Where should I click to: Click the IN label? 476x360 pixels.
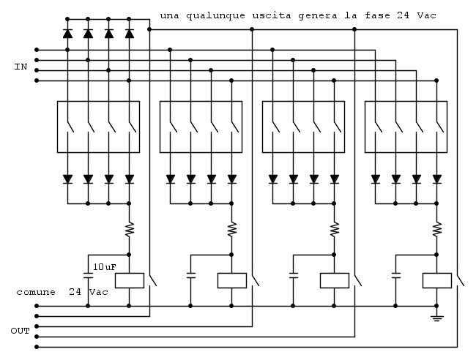(x=21, y=67)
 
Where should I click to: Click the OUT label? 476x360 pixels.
(x=21, y=331)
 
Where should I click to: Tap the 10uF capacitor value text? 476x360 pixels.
(x=105, y=266)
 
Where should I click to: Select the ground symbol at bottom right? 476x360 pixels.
(x=437, y=317)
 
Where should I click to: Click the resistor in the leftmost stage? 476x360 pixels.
(x=130, y=229)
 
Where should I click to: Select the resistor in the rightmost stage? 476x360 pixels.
(x=437, y=229)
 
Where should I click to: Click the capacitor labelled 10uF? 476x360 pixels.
(x=89, y=276)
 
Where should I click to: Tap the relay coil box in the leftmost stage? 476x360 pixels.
(x=130, y=280)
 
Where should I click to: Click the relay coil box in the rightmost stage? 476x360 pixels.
(x=437, y=280)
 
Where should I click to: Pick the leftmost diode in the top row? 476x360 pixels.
(x=67, y=33)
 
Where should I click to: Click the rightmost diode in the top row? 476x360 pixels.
(x=130, y=33)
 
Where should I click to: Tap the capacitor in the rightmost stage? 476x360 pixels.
(x=396, y=276)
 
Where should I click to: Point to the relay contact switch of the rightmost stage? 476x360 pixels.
(x=458, y=280)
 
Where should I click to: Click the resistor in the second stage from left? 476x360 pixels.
(x=232, y=229)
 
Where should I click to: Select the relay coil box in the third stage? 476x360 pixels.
(x=335, y=280)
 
